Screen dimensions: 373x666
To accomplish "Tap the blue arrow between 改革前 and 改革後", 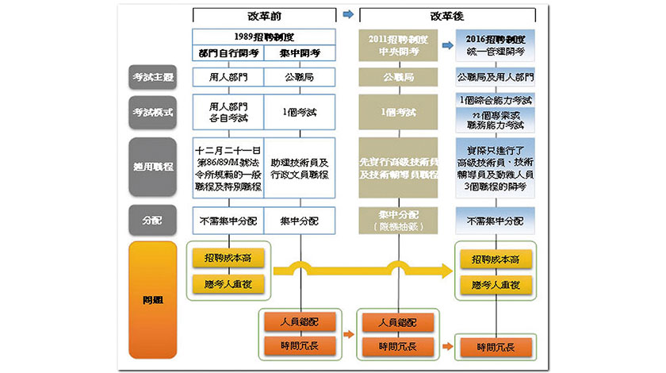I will tap(348, 14).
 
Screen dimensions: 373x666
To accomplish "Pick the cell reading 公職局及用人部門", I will tap(495, 78).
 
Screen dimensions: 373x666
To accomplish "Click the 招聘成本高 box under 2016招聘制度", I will tap(495, 260).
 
